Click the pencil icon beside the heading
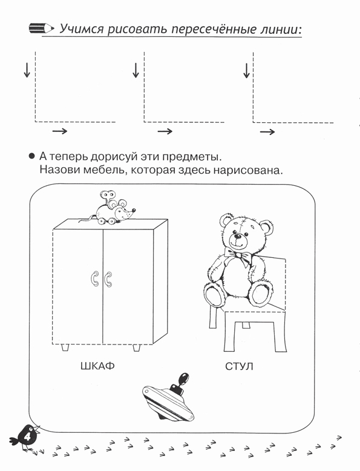pyautogui.click(x=41, y=28)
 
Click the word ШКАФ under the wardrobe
pyautogui.click(x=97, y=366)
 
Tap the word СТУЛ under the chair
pyautogui.click(x=239, y=366)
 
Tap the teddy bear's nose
pyautogui.click(x=238, y=236)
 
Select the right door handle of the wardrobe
pyautogui.click(x=108, y=279)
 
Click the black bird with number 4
pyautogui.click(x=25, y=437)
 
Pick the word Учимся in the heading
pyautogui.click(x=81, y=29)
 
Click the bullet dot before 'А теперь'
pyautogui.click(x=31, y=156)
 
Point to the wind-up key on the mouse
pyautogui.click(x=107, y=196)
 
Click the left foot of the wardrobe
pyautogui.click(x=65, y=347)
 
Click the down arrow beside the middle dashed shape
pyautogui.click(x=136, y=70)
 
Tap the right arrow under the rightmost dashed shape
pyautogui.click(x=267, y=132)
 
